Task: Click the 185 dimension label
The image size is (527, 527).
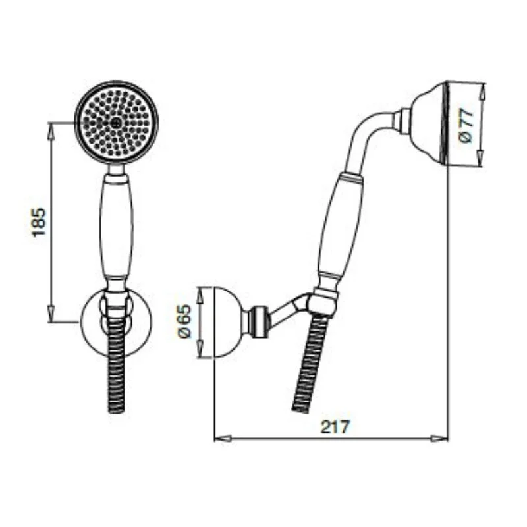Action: point(38,222)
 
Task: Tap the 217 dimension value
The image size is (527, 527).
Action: point(335,426)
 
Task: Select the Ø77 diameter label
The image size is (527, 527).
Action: point(466,125)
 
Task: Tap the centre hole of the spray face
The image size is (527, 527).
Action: point(117,122)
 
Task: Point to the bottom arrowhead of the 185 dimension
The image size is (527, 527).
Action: point(51,316)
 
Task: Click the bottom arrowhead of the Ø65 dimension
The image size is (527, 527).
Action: point(203,354)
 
